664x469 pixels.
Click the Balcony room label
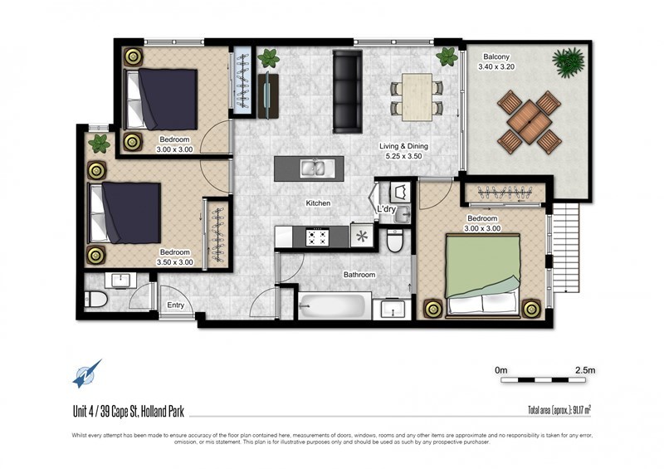[x=496, y=56]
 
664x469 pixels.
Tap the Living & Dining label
[x=403, y=146]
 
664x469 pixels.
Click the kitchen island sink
[x=313, y=169]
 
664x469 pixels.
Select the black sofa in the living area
[x=347, y=91]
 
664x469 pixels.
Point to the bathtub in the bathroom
[x=333, y=305]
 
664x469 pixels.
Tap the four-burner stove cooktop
[x=318, y=237]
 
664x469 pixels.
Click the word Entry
[x=175, y=305]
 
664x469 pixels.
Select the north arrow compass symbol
[x=87, y=374]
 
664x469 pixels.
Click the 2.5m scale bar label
[x=585, y=370]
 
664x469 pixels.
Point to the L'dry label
[x=386, y=209]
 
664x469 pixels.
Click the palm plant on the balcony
[x=568, y=61]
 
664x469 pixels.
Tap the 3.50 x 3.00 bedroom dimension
[x=175, y=262]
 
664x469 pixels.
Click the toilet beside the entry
[x=95, y=299]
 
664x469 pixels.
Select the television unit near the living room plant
[x=268, y=96]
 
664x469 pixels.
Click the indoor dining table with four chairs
[x=417, y=97]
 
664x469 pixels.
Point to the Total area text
[x=559, y=410]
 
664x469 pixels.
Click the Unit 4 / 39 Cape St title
[x=129, y=412]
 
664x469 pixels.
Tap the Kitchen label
[x=318, y=203]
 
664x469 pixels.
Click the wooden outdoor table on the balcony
[x=530, y=122]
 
